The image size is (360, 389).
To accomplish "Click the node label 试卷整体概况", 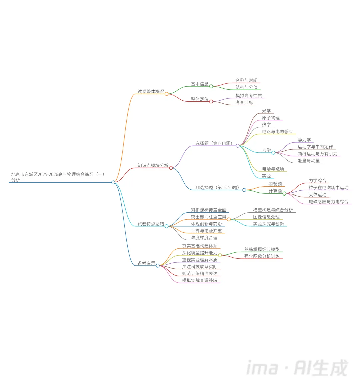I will (x=151, y=91).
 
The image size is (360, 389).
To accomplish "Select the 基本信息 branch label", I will (x=199, y=84).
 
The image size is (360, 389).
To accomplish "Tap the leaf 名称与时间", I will (x=246, y=80).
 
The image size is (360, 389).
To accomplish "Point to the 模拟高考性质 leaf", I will (x=248, y=96).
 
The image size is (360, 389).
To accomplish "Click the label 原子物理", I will (x=271, y=118).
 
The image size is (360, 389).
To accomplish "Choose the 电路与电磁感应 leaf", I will (x=277, y=132).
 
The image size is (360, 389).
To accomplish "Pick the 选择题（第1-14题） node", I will (x=214, y=143).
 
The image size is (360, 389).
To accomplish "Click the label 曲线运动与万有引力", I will (x=317, y=154).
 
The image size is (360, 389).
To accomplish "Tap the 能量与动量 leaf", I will (x=309, y=161).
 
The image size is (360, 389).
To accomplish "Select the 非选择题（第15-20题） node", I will (x=217, y=188).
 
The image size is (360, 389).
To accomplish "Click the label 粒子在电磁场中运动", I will (x=328, y=188).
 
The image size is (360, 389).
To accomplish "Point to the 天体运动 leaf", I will (x=317, y=195).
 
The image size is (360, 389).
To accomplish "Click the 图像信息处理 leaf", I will (x=266, y=217).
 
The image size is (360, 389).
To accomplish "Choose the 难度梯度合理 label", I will (x=204, y=238).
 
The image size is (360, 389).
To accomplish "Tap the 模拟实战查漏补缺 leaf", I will (x=200, y=280).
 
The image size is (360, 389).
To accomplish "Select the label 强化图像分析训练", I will (x=262, y=256).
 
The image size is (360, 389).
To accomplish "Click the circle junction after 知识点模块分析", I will (x=171, y=168).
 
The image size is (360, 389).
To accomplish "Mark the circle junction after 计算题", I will (x=284, y=193).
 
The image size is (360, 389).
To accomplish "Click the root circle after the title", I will (x=113, y=182).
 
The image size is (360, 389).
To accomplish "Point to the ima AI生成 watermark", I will (x=297, y=368).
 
